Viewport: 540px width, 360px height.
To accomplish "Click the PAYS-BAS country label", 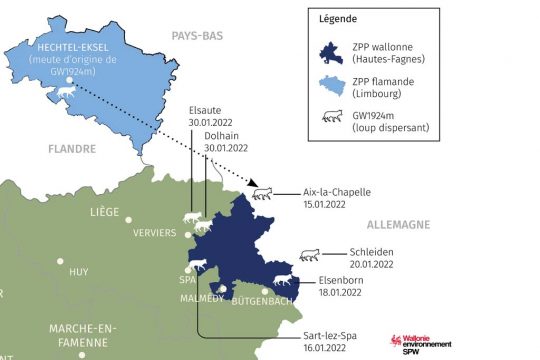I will click(x=197, y=35).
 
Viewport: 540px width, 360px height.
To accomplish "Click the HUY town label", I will click(x=79, y=271).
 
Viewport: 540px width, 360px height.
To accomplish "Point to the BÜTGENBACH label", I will click(x=263, y=300).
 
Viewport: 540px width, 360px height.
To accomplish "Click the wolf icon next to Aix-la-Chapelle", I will click(x=263, y=192).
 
